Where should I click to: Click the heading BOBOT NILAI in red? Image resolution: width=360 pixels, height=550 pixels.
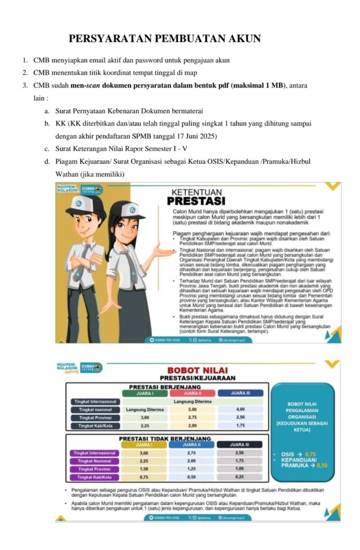point(198,370)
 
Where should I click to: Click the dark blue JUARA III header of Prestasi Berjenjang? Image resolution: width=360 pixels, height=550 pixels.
point(240,393)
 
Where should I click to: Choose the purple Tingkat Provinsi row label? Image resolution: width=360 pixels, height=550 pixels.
point(94,469)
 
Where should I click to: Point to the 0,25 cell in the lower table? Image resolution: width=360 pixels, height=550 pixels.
point(240,477)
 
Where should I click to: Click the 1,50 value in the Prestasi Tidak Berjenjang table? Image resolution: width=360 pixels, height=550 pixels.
point(144,469)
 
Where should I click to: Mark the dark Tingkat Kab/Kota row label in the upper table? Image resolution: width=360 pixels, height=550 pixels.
point(95,426)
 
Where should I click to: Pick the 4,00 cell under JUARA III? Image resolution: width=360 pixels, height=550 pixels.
point(240,409)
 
